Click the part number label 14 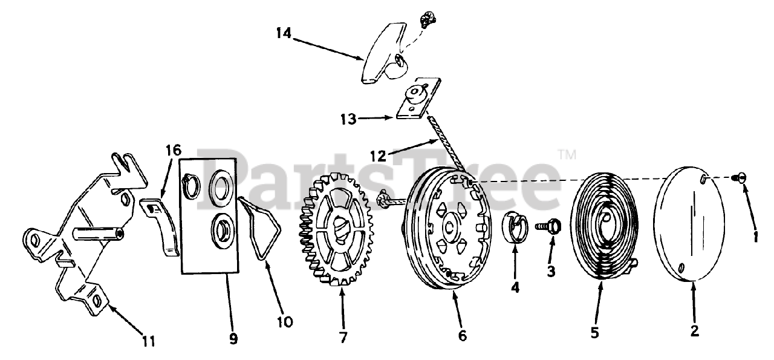click(x=284, y=33)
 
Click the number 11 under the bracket click(x=149, y=341)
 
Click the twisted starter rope click(x=449, y=145)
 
